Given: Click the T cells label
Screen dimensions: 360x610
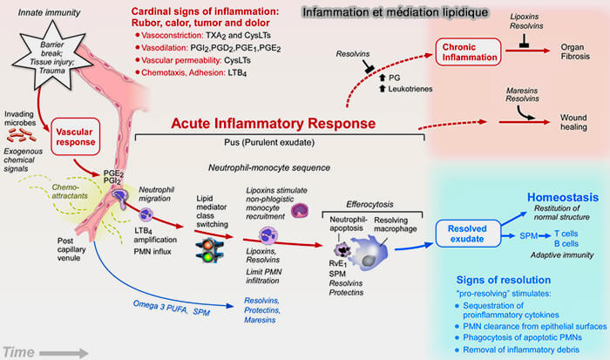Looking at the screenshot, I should [x=560, y=233].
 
